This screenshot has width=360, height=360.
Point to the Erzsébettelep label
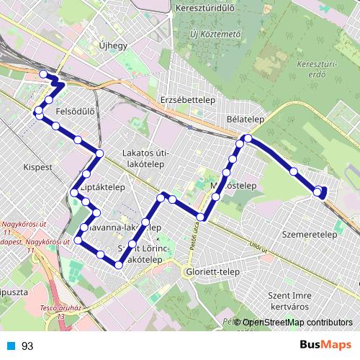tap(185, 99)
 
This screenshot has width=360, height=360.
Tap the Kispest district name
tap(38, 166)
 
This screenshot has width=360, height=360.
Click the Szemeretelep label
tap(310, 235)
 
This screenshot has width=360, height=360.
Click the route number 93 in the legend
tap(27, 346)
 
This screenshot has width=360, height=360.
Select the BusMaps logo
tap(325, 346)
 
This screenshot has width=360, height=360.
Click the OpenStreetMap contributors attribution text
tap(297, 323)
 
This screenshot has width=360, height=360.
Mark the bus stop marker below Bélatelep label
tap(247, 138)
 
